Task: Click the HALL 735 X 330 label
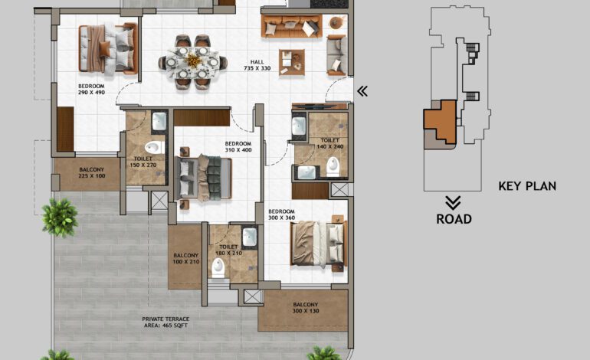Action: tap(261, 65)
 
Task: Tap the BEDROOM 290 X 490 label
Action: tap(91, 90)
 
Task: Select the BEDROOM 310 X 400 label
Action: tap(238, 147)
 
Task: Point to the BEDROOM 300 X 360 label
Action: tap(280, 214)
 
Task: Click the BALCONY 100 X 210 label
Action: tap(185, 259)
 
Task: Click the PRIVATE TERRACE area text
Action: tap(165, 322)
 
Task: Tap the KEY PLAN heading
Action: tap(527, 185)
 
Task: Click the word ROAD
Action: tap(454, 219)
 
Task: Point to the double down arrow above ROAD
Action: tap(453, 202)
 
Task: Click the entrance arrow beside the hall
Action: tap(362, 91)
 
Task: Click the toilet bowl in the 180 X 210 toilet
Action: tap(218, 266)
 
